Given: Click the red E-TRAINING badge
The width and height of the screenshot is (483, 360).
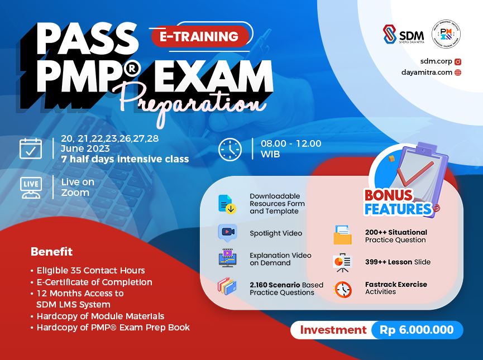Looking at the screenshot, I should click(x=199, y=37).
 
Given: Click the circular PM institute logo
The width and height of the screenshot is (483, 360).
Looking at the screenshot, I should click(x=446, y=35).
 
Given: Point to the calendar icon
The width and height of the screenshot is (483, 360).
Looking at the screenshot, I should click(x=31, y=148).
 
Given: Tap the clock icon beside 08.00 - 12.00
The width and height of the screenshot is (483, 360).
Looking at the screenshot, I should click(x=229, y=149).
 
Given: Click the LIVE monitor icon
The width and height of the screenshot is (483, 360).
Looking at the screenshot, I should click(x=30, y=188).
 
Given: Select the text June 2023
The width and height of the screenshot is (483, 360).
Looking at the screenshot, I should click(x=85, y=149).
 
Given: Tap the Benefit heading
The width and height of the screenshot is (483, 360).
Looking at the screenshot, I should click(x=51, y=251).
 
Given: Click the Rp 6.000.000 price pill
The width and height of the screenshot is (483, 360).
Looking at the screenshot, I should click(x=417, y=330).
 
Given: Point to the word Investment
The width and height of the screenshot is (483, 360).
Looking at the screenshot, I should click(x=333, y=330).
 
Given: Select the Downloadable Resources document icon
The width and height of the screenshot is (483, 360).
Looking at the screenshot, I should click(x=226, y=204).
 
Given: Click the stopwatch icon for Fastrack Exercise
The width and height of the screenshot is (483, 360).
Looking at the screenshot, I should click(x=342, y=289).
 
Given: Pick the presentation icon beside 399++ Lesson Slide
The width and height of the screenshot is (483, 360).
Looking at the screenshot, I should click(x=342, y=262).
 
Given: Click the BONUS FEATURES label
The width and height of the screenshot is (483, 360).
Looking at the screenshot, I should click(x=398, y=203).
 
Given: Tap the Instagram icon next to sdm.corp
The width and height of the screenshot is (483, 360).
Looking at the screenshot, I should click(x=458, y=61).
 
